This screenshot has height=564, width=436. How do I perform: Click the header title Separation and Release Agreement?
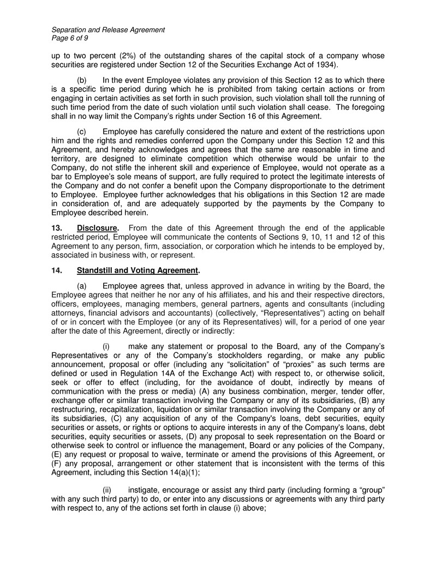[x=108, y=29]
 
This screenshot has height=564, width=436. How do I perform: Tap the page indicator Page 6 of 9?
[x=70, y=38]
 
